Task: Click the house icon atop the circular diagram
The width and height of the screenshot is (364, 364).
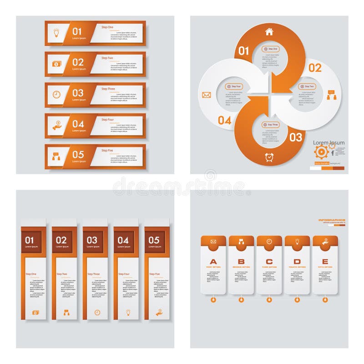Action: [x=269, y=32]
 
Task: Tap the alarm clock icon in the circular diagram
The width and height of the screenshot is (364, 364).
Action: [x=269, y=157]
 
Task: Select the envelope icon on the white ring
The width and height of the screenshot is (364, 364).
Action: [x=207, y=95]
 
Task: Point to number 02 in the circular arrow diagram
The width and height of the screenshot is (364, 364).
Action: [x=315, y=68]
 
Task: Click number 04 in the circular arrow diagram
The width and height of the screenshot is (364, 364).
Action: [x=224, y=121]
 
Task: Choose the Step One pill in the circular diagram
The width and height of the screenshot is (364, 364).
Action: [x=271, y=49]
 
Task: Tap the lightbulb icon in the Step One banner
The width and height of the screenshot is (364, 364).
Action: [x=56, y=32]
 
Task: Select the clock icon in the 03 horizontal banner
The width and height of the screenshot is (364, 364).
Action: [x=56, y=94]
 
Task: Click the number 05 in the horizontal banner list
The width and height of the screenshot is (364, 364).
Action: [x=78, y=155]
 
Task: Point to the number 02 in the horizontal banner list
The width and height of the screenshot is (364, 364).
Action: [x=78, y=62]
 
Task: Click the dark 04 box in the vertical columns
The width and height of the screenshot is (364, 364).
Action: [x=123, y=241]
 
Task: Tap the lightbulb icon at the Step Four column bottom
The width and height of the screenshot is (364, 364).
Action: [x=128, y=312]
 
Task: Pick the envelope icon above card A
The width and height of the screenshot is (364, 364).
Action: [x=213, y=241]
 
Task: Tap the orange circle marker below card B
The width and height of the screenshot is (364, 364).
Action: [x=241, y=299]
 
